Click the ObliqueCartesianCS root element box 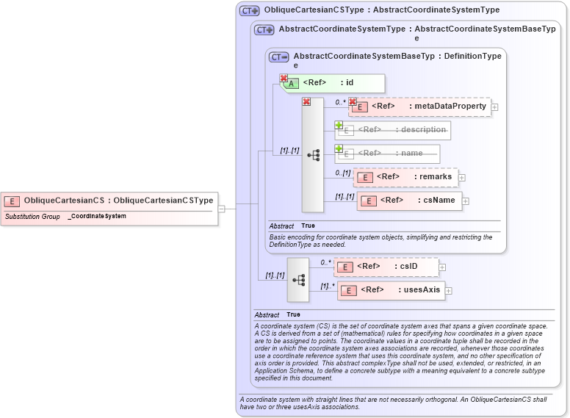click(x=110, y=200)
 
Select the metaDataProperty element click(x=419, y=107)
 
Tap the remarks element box click(x=405, y=177)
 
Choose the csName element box click(x=409, y=201)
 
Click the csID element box click(x=386, y=267)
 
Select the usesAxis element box click(x=390, y=290)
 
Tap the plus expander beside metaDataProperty click(x=494, y=107)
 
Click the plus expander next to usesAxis click(x=448, y=291)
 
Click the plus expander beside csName click(x=466, y=201)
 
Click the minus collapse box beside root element click(x=221, y=209)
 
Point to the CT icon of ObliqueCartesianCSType click(x=250, y=11)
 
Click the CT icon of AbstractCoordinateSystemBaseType click(x=279, y=57)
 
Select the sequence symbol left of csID click(x=298, y=279)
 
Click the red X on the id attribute click(x=283, y=78)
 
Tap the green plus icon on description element click(x=339, y=125)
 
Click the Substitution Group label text click(x=32, y=217)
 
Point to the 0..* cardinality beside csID click(x=325, y=262)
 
